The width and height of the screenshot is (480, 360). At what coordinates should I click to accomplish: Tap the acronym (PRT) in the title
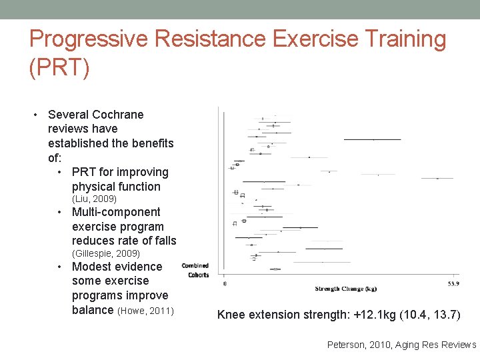pyautogui.click(x=59, y=68)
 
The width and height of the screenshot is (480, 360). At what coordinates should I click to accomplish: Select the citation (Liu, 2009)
pyautogui.click(x=94, y=199)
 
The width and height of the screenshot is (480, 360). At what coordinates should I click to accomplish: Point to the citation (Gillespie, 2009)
pyautogui.click(x=105, y=253)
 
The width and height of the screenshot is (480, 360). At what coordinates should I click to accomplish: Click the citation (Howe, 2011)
pyautogui.click(x=145, y=311)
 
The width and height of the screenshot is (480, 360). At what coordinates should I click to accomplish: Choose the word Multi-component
pyautogui.click(x=116, y=212)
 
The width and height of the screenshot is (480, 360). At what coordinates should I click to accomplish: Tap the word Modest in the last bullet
pyautogui.click(x=92, y=267)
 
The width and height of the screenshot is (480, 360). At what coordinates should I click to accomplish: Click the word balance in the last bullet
pyautogui.click(x=93, y=310)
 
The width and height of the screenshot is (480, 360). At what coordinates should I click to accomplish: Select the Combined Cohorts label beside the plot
pyautogui.click(x=195, y=270)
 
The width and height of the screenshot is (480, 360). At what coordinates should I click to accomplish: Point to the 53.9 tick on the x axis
pyautogui.click(x=453, y=283)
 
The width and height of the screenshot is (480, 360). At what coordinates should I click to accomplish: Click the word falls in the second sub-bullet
pyautogui.click(x=163, y=241)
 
